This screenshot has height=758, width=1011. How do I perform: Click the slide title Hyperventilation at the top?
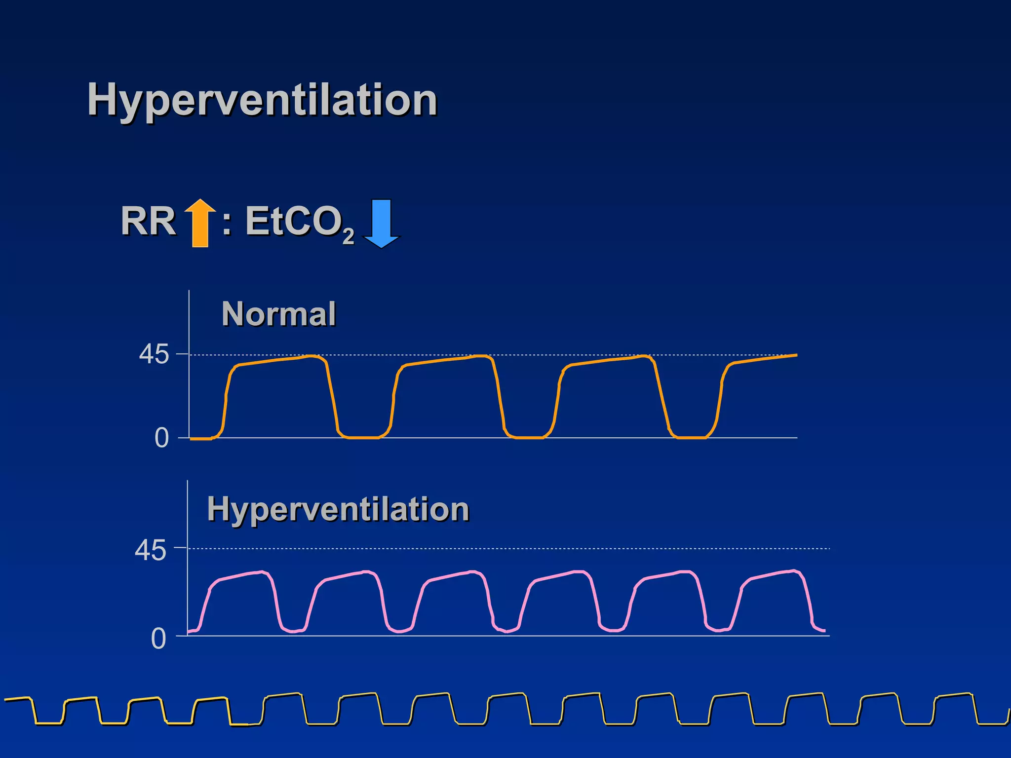(262, 100)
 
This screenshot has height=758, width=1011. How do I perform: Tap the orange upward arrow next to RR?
(200, 223)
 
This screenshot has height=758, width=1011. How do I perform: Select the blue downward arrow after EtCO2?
(381, 223)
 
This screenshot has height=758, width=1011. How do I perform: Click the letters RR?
(148, 222)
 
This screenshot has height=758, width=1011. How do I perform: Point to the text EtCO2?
(299, 224)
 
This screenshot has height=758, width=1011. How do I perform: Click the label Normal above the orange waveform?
(278, 314)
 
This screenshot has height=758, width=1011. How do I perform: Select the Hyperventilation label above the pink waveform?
(338, 509)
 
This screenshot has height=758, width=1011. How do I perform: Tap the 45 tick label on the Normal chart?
(154, 354)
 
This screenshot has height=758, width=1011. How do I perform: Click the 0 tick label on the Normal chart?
(161, 438)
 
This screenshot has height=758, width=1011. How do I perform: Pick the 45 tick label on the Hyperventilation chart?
(151, 550)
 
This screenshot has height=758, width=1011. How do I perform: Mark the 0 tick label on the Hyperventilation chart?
(158, 639)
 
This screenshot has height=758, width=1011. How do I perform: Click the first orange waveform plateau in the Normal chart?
(276, 360)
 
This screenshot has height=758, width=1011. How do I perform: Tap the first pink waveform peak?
(242, 575)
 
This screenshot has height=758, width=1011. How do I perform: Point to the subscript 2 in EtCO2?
(348, 237)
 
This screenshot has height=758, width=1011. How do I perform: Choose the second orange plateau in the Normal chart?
(444, 360)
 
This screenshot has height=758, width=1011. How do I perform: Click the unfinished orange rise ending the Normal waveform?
(760, 359)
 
